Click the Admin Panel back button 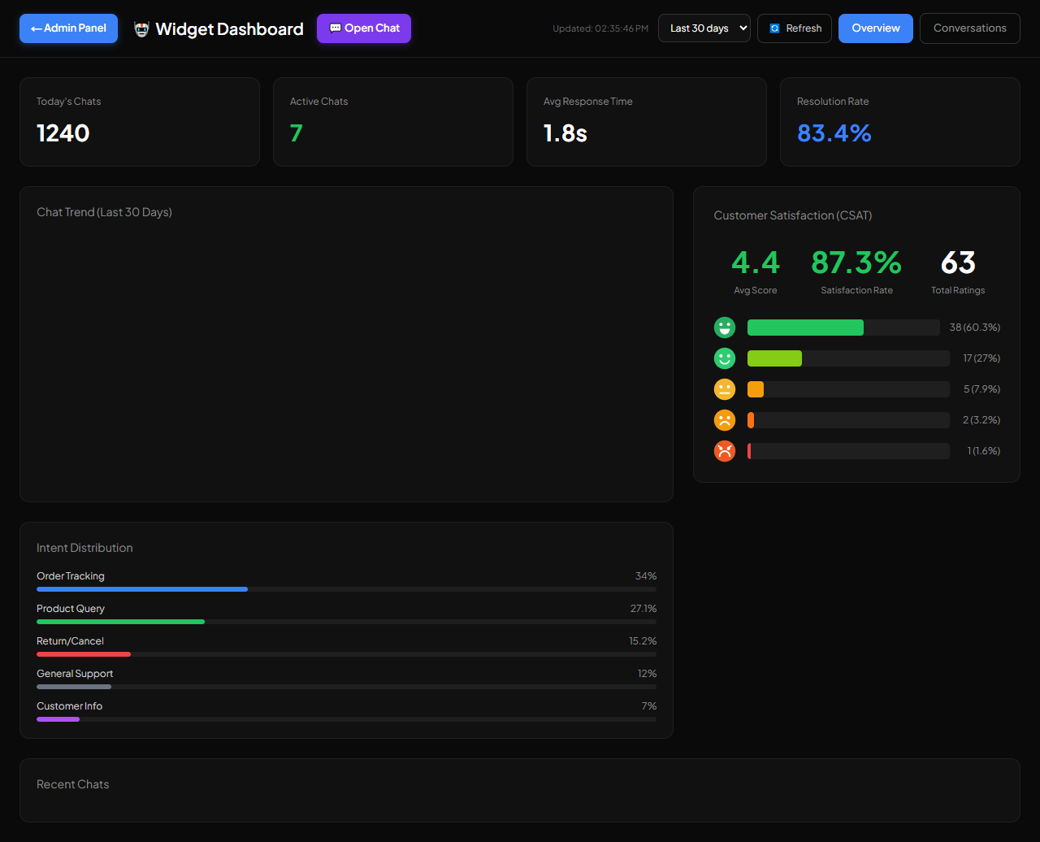coord(68,28)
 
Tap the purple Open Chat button coord(364,28)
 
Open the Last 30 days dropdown coord(704,28)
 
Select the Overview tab coord(875,28)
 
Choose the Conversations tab coord(969,28)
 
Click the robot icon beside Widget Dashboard coord(141,29)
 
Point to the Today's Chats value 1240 coord(63,133)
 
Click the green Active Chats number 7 coord(296,133)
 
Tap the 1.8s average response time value coord(565,133)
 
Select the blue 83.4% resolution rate coord(834,133)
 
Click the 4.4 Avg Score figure coord(756,263)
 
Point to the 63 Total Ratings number coord(958,263)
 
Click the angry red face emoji coord(725,451)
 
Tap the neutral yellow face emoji coord(725,389)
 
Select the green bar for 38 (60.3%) coord(805,328)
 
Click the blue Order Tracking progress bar coord(142,589)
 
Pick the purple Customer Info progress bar coord(58,719)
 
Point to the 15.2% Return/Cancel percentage coord(643,640)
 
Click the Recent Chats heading coord(73,784)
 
